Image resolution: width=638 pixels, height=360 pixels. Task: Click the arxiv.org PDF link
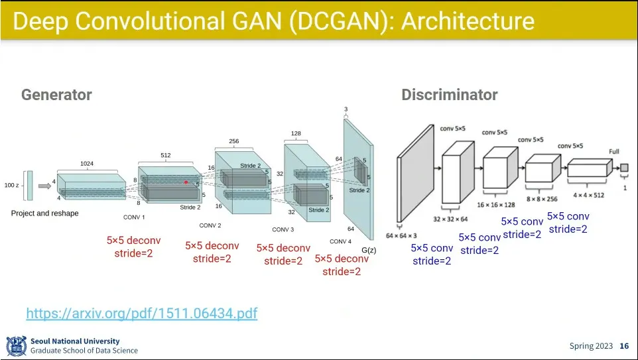point(141,313)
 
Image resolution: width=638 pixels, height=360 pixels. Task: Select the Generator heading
point(56,95)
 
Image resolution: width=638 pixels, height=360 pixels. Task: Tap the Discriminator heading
point(449,95)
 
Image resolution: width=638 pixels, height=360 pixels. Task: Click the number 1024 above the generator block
point(87,163)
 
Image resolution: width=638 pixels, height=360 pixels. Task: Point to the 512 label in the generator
point(166,156)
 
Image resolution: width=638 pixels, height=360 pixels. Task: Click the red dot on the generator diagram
point(186,182)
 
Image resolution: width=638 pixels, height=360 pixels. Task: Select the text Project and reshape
point(44,213)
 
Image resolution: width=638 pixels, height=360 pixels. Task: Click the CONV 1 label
point(134,217)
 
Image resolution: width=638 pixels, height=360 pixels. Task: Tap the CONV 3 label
point(283,229)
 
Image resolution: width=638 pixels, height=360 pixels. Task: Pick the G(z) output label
point(369,250)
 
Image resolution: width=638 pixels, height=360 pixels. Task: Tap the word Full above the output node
point(614,152)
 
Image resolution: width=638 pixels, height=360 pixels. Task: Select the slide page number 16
point(624,346)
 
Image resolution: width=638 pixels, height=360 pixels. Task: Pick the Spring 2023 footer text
point(590,346)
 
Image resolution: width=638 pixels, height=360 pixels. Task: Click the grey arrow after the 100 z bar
point(44,186)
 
